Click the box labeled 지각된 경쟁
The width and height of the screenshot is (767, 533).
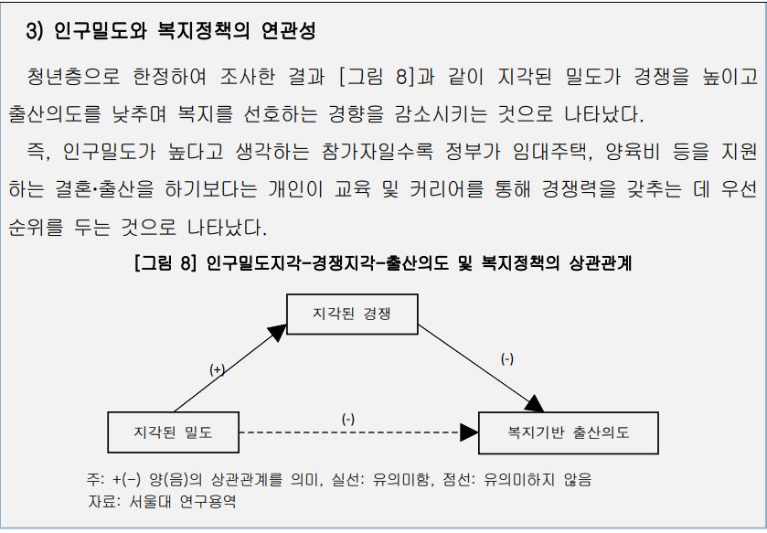point(352,314)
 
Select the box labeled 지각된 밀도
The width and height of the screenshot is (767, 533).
point(173,432)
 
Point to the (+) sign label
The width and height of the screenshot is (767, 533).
point(217,369)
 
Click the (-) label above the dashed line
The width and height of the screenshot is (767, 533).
point(348,419)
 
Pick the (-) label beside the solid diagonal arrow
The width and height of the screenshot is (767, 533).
point(506,359)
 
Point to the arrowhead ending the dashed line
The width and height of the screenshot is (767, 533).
point(468,432)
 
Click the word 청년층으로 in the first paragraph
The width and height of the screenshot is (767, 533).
point(66,77)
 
